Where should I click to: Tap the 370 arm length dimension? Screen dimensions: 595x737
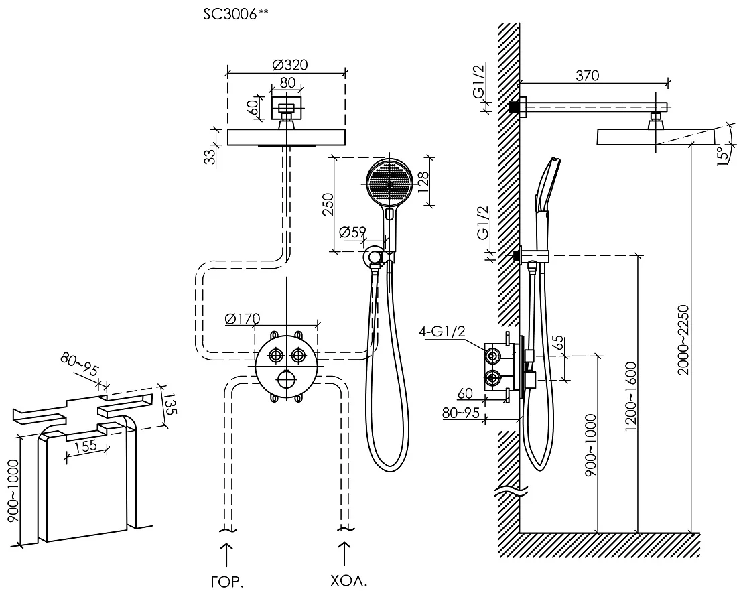588,76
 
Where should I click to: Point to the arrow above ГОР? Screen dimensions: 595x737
226,555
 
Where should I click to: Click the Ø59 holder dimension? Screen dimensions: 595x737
352,233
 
